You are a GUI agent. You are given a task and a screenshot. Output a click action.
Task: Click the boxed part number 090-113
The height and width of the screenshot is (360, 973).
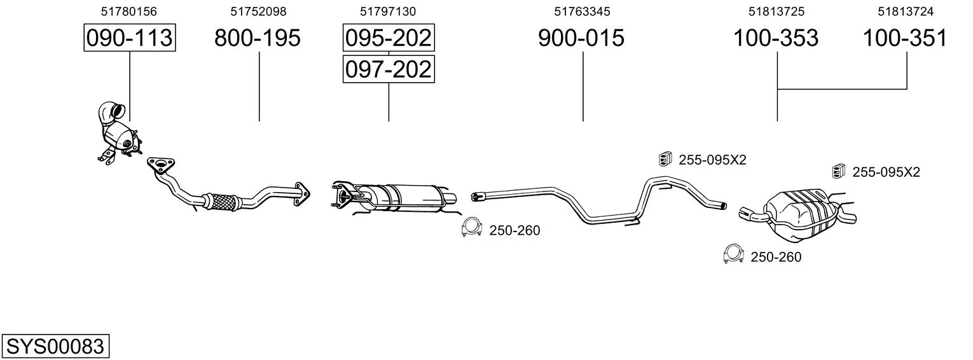coord(130,38)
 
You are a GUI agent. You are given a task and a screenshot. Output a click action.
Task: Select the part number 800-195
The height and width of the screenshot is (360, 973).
coord(258,38)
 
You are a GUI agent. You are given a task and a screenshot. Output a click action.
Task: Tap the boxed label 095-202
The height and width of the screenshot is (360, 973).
coord(389,38)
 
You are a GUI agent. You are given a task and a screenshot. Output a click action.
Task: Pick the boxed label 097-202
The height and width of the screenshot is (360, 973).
coord(389,69)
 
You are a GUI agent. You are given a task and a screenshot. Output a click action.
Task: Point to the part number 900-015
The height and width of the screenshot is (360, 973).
coord(581,38)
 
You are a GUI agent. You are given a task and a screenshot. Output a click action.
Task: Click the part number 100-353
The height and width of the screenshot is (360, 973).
coord(776,38)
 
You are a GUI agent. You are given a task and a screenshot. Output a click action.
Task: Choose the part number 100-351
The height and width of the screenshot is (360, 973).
coord(905,38)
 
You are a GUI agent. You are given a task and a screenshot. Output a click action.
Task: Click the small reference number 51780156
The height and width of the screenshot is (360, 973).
coord(129,11)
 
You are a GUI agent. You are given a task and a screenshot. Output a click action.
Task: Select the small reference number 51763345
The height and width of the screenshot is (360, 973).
coord(582,11)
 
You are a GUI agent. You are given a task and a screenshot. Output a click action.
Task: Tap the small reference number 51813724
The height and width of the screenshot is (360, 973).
coord(906,11)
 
